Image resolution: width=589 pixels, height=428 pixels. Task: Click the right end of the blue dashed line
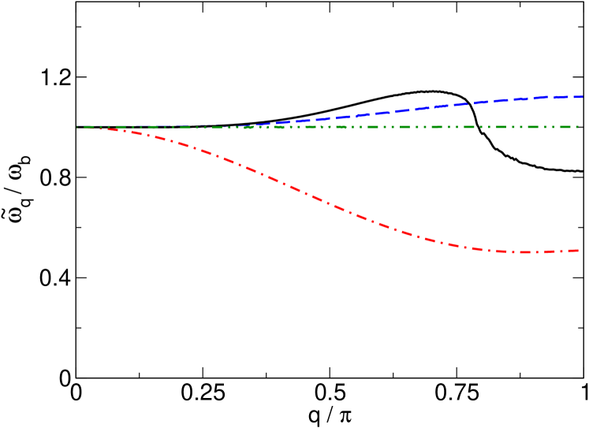point(583,97)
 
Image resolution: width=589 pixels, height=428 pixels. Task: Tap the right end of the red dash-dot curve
point(579,251)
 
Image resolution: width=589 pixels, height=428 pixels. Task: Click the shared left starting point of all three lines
point(77,127)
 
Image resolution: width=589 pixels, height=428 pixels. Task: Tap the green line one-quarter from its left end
point(203,127)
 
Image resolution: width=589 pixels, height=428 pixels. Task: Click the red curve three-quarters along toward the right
point(453,245)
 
